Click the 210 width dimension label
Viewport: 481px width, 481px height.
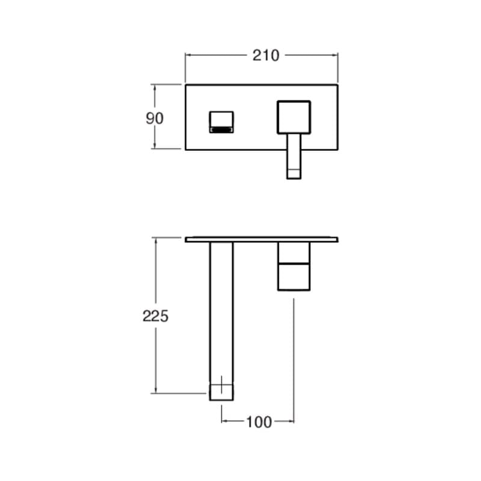pos(266,55)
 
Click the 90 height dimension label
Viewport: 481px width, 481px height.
pos(155,118)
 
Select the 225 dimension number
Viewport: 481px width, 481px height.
pos(156,316)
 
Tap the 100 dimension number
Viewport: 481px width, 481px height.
pos(259,422)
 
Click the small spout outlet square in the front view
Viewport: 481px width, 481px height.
pos(221,122)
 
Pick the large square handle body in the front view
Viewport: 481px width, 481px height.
pos(294,117)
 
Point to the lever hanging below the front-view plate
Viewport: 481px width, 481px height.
pos(294,156)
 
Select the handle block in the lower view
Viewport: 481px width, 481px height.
pos(294,266)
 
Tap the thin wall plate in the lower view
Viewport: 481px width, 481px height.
pos(262,239)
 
